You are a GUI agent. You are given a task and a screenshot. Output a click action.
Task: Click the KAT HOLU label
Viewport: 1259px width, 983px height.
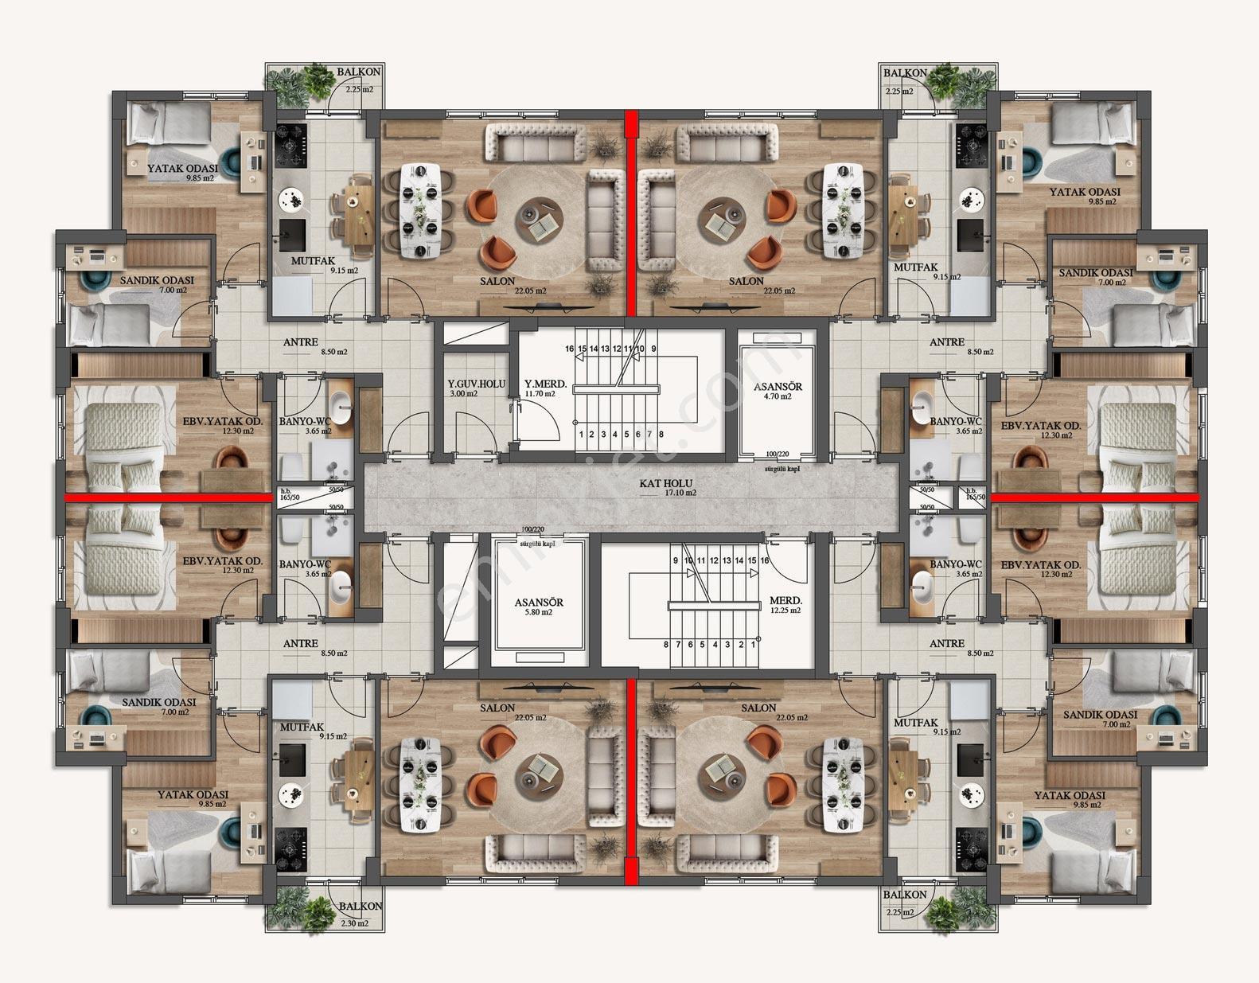pyautogui.click(x=666, y=483)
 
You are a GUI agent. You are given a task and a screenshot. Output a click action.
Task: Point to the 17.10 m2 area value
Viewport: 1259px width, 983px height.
pyautogui.click(x=680, y=493)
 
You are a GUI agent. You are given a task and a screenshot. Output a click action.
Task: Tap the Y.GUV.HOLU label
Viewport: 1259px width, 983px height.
pyautogui.click(x=476, y=384)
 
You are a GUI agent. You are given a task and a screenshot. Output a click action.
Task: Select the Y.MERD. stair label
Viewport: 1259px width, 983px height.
pyautogui.click(x=545, y=384)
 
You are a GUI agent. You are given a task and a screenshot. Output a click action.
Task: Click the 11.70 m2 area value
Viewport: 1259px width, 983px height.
pyautogui.click(x=540, y=394)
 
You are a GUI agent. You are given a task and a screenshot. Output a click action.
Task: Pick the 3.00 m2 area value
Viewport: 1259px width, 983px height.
pyautogui.click(x=463, y=394)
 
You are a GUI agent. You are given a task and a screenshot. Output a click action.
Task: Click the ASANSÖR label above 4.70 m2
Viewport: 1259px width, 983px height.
pyautogui.click(x=778, y=386)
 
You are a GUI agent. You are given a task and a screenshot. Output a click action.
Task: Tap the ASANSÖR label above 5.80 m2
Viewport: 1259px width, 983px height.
pyautogui.click(x=539, y=603)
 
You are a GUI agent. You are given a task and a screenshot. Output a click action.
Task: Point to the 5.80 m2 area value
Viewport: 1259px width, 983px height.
pyautogui.click(x=538, y=612)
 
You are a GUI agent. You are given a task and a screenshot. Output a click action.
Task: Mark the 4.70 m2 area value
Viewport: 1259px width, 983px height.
pyautogui.click(x=778, y=396)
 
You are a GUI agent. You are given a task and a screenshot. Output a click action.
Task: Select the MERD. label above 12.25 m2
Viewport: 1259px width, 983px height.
pyautogui.click(x=785, y=601)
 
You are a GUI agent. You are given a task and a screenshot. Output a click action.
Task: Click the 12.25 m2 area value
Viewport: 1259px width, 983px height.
pyautogui.click(x=785, y=610)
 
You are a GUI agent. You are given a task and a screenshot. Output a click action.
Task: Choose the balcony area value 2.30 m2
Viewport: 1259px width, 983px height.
pyautogui.click(x=355, y=923)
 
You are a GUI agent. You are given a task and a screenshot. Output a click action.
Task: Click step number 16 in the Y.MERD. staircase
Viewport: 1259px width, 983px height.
pyautogui.click(x=570, y=349)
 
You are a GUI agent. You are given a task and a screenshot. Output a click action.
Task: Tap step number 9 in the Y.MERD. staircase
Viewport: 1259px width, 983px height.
pyautogui.click(x=653, y=349)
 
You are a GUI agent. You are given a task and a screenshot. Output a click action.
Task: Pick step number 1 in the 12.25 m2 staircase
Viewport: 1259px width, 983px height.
pyautogui.click(x=753, y=644)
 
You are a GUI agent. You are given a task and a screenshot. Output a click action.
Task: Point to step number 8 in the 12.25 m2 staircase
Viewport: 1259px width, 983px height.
pyautogui.click(x=666, y=644)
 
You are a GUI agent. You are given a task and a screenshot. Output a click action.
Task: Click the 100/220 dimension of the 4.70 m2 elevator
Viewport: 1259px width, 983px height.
pyautogui.click(x=778, y=454)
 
